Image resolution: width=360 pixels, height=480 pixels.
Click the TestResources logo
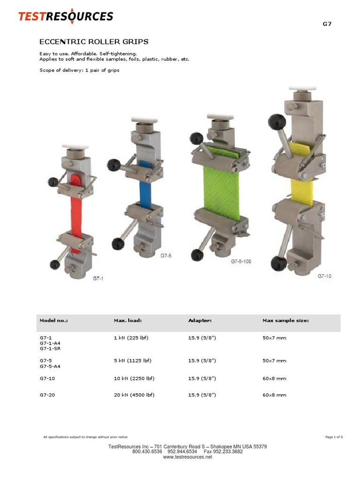click(66, 17)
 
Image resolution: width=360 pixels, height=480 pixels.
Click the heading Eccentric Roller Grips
click(94, 42)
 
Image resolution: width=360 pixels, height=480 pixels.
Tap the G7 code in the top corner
click(327, 24)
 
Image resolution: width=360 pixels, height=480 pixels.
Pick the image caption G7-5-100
click(241, 262)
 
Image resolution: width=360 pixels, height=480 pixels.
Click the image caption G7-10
click(324, 276)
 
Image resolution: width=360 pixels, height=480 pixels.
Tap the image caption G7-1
click(97, 278)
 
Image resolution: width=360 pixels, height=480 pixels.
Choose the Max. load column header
click(127, 321)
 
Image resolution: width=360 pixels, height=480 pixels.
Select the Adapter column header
click(200, 321)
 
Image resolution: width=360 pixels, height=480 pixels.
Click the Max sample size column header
click(285, 321)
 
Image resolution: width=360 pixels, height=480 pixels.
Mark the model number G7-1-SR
click(50, 349)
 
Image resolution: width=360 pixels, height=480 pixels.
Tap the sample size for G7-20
click(274, 395)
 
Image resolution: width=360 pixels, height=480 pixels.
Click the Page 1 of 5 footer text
click(334, 437)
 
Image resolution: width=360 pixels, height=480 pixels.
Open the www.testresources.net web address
click(187, 457)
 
